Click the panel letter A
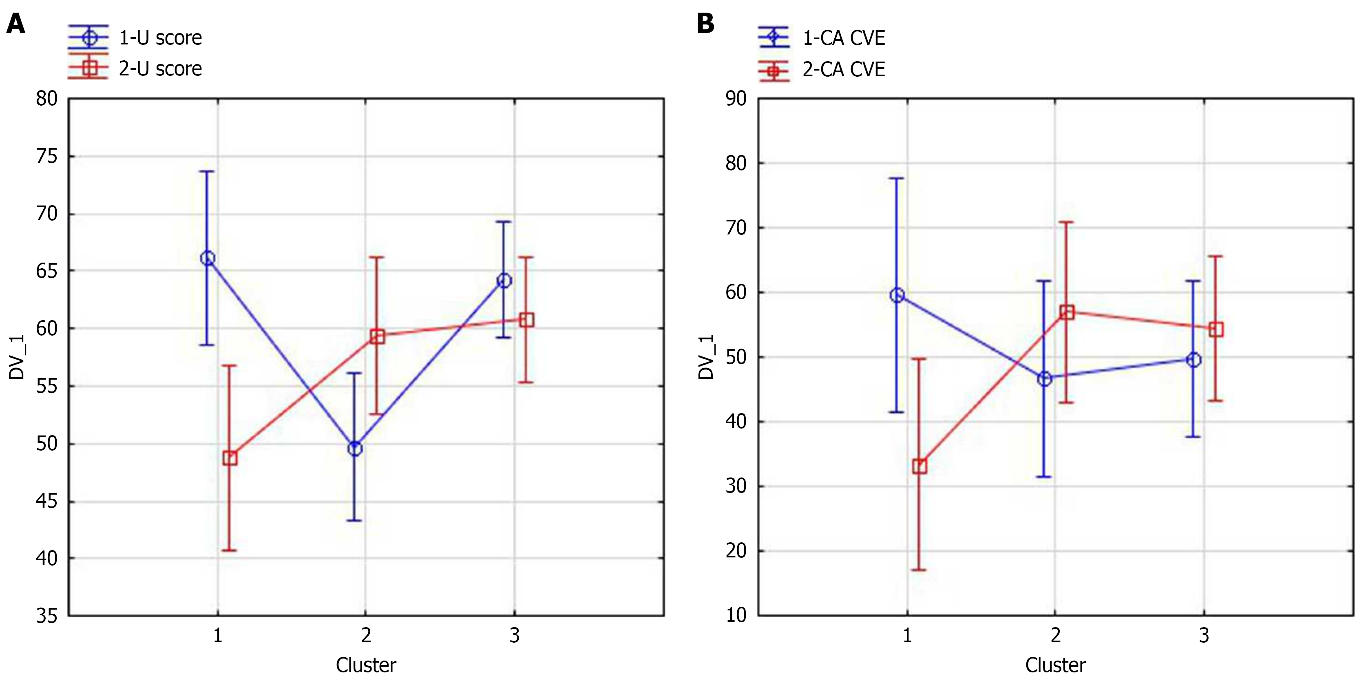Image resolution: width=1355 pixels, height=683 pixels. click(16, 24)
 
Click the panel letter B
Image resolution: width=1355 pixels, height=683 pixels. click(705, 24)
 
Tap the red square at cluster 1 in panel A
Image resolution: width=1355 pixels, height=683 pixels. click(230, 458)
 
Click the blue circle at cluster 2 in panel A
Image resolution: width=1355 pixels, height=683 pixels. click(355, 449)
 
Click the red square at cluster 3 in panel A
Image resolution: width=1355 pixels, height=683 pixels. click(526, 320)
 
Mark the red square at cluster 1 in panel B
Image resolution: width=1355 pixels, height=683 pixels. click(920, 466)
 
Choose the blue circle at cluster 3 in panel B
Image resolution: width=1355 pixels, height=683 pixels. click(1194, 360)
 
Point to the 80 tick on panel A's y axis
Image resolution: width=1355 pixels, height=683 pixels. click(47, 98)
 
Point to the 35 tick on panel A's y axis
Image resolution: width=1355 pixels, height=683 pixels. click(47, 616)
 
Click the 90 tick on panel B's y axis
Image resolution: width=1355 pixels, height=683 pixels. click(736, 98)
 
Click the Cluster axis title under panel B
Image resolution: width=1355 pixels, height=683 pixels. click(1055, 665)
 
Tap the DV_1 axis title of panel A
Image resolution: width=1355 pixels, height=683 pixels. click(17, 357)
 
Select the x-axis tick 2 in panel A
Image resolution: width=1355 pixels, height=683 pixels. click(366, 636)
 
